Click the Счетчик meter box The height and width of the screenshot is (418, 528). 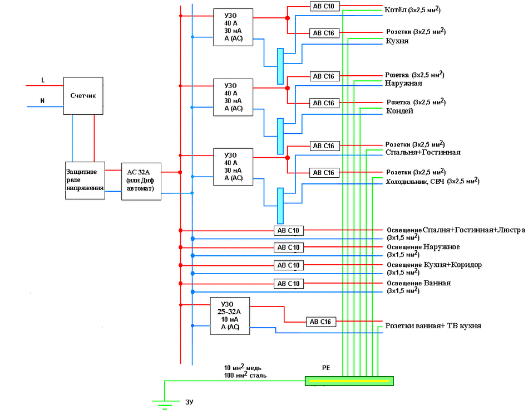tap(83, 96)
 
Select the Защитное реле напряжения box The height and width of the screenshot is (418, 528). tap(85, 180)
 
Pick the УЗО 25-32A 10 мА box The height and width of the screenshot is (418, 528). tap(230, 316)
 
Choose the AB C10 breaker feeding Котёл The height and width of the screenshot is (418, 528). tap(324, 6)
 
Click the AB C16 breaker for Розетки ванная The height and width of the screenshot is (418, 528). tap(320, 322)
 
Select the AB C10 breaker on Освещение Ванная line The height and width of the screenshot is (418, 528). tap(289, 284)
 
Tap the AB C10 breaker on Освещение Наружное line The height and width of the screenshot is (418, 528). tap(289, 247)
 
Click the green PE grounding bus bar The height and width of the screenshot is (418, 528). tap(349, 381)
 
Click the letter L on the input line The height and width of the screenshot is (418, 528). tap(43, 81)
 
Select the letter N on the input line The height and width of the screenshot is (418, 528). tap(42, 101)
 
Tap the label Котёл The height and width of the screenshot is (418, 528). tap(395, 10)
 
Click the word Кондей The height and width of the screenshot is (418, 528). tap(399, 111)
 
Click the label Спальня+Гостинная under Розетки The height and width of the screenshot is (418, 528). tap(423, 152)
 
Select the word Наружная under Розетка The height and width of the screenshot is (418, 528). tap(403, 83)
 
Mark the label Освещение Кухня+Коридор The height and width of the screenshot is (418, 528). tap(434, 265)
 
